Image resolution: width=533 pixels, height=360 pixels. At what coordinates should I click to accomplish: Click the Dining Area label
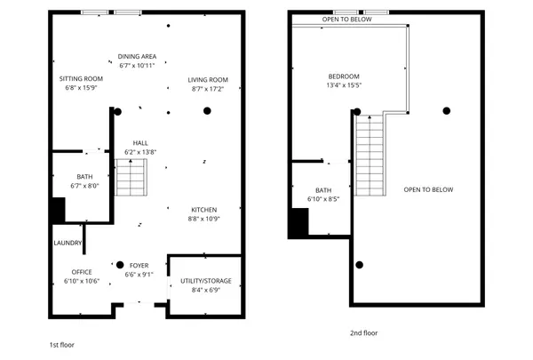137,57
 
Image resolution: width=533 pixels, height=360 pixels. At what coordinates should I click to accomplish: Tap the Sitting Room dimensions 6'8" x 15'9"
81,88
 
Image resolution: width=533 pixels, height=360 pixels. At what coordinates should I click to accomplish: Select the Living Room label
208,80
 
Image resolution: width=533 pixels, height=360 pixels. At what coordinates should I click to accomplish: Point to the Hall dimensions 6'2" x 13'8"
140,152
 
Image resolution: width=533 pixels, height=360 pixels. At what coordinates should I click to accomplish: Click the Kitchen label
204,210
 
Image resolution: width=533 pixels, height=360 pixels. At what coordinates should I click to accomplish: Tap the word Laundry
68,243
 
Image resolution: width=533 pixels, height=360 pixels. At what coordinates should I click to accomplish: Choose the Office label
82,272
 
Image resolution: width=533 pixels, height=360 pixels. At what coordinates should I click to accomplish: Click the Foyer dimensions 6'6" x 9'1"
139,275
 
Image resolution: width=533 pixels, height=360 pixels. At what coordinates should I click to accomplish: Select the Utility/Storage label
206,281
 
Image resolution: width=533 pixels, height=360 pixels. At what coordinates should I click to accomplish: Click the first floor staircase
131,177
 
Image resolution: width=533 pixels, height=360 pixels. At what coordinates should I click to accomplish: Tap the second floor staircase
370,156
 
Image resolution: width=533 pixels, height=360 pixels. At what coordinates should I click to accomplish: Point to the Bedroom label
344,76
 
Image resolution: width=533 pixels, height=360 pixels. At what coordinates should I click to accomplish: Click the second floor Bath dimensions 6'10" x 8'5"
323,199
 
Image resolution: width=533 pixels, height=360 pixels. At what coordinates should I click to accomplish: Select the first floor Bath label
84,177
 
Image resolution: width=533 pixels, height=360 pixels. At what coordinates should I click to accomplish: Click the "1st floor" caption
62,345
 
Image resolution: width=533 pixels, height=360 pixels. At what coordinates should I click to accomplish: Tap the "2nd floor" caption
363,333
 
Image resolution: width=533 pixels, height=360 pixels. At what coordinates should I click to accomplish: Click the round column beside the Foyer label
120,265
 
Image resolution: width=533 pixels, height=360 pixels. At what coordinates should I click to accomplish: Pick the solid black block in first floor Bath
59,211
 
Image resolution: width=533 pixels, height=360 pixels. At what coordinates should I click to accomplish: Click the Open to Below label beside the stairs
428,190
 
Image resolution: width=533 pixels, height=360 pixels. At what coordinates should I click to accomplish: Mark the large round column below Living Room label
207,110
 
